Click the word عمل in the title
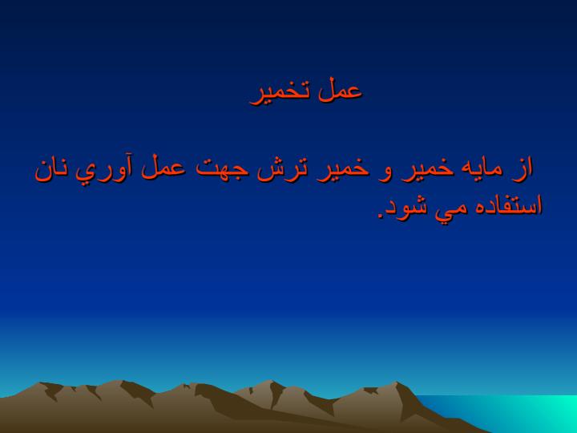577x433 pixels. coord(340,90)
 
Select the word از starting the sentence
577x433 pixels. coord(522,170)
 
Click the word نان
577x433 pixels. coord(52,172)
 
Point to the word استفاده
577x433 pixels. coord(503,206)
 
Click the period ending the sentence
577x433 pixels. coord(381,216)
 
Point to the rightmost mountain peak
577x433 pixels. coord(397,382)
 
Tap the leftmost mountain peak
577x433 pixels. coord(41,383)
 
